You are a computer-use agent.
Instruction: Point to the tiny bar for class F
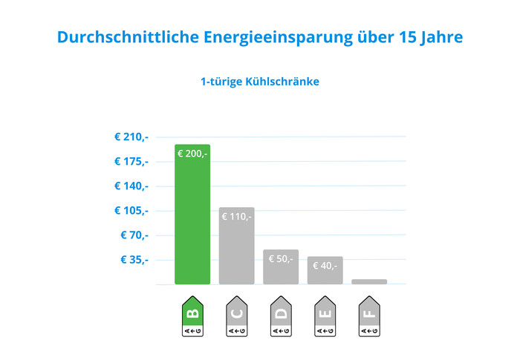[369, 281]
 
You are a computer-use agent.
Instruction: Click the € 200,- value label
[192, 154]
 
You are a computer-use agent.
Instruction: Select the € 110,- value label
[236, 217]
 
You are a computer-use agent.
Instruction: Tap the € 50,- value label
[281, 259]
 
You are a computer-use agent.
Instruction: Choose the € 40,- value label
[325, 266]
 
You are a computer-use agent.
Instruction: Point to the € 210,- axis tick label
[131, 137]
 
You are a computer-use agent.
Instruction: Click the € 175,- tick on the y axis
[131, 161]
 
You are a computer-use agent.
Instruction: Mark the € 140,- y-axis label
[131, 186]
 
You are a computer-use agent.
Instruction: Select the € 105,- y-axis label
[131, 210]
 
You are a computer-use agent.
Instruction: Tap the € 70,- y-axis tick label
[134, 235]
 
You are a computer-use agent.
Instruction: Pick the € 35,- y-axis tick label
[134, 260]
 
